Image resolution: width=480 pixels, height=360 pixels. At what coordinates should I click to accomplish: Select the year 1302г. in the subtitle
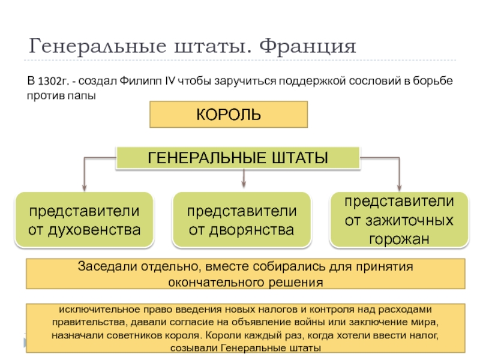click(x=55, y=81)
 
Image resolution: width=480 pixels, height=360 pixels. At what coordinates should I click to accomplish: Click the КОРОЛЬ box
click(x=228, y=114)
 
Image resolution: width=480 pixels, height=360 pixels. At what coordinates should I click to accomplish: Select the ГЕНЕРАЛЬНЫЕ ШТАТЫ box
click(x=238, y=158)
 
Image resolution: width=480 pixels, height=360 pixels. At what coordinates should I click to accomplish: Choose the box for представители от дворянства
click(x=241, y=220)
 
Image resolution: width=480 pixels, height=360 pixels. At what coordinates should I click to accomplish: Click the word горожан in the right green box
click(x=398, y=238)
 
